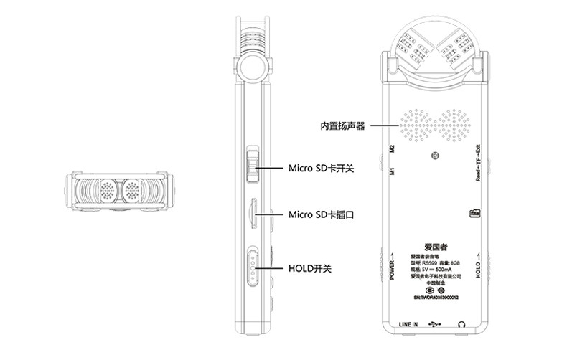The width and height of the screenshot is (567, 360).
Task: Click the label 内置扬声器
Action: click(343, 126)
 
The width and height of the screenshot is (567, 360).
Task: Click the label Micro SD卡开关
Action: click(322, 169)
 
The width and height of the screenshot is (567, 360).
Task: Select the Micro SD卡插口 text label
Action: click(322, 214)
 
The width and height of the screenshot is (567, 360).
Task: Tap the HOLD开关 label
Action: click(309, 267)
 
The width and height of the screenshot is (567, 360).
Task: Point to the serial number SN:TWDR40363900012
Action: click(436, 297)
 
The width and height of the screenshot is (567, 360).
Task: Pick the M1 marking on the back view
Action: click(392, 172)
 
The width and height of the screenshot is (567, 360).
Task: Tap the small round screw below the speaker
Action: click(436, 155)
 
